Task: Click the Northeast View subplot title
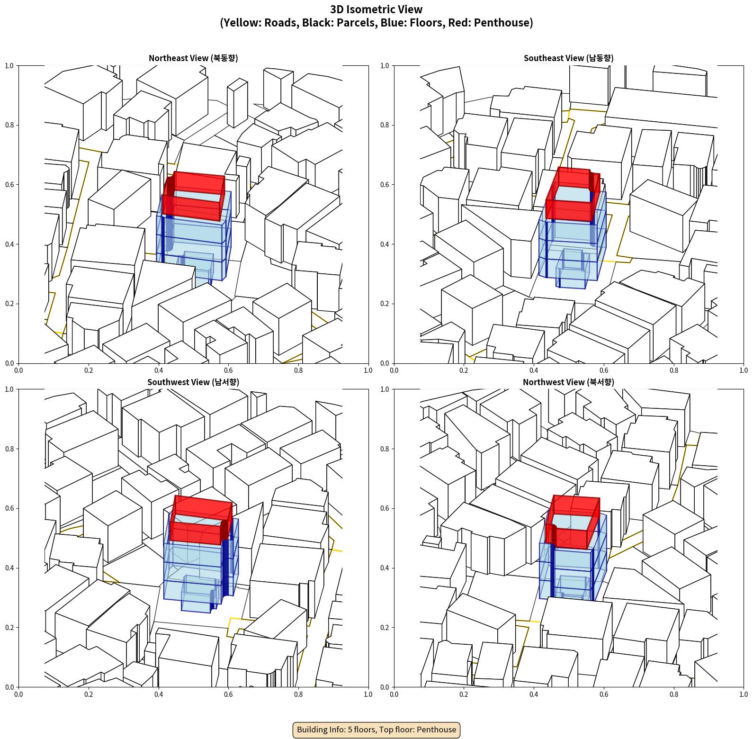coord(193,58)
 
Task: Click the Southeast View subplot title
coord(568,58)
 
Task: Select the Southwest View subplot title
coord(193,382)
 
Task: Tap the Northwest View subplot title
coord(568,382)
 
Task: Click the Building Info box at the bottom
coord(376,730)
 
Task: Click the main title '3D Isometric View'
coord(376,9)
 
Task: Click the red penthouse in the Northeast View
coord(193,196)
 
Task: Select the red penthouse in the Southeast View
coord(572,194)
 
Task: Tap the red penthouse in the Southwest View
coord(201,520)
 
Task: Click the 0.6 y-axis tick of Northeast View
coord(9,185)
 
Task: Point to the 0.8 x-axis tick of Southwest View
coord(298,694)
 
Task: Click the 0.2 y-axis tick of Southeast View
coord(385,304)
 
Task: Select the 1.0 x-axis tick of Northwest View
coord(744,694)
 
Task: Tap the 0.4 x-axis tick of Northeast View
coord(159,370)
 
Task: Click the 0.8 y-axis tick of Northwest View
coord(385,449)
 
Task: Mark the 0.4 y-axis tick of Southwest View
coord(9,568)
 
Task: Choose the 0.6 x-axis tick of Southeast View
coord(604,370)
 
